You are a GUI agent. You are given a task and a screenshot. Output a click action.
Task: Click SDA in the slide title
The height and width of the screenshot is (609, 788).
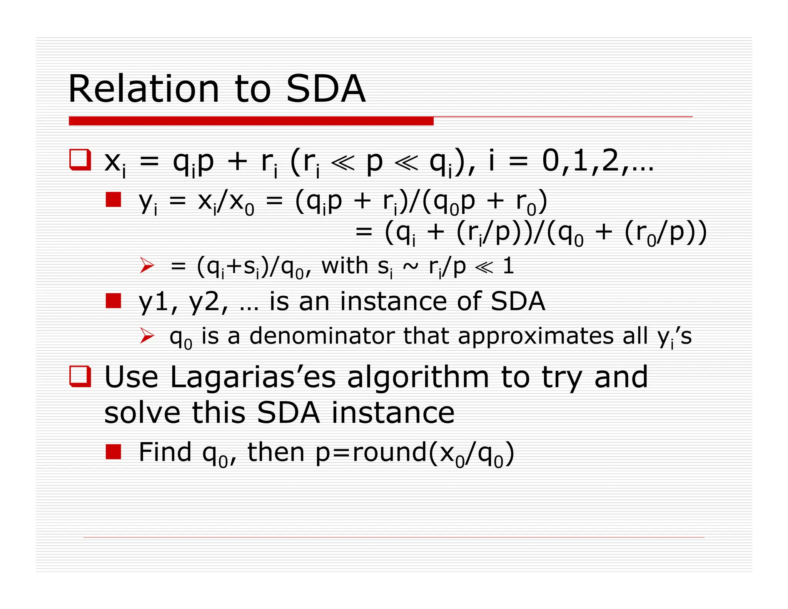(326, 89)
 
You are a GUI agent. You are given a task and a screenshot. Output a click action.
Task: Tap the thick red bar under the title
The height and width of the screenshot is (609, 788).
(251, 121)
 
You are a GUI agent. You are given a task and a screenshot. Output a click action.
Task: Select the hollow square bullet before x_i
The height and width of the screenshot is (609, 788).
(80, 159)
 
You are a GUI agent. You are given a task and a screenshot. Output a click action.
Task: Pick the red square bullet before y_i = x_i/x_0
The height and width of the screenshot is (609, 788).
(114, 199)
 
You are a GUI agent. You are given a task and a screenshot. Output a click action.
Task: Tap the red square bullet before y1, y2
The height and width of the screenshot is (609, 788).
(114, 301)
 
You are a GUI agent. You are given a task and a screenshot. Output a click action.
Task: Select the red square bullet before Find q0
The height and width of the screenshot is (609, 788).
(114, 452)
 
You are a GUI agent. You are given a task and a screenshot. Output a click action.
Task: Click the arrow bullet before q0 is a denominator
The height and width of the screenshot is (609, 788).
(147, 336)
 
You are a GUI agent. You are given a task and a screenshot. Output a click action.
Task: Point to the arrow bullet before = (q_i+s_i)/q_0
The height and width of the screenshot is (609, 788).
(147, 265)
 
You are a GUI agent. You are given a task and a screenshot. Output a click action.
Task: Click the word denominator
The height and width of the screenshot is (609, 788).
(322, 336)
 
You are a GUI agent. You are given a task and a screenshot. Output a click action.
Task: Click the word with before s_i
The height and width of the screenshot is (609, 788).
(345, 265)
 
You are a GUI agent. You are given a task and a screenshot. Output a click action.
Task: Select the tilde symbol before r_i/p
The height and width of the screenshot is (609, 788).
(411, 266)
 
